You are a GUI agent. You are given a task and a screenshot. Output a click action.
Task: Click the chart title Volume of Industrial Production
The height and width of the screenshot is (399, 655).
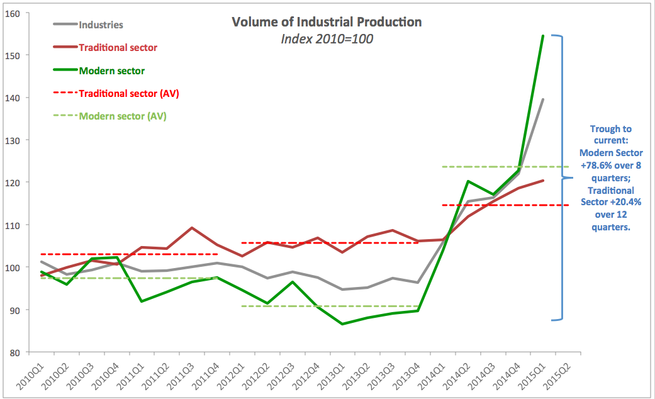click(327, 22)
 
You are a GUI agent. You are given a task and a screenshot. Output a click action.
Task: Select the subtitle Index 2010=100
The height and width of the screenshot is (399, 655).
click(327, 39)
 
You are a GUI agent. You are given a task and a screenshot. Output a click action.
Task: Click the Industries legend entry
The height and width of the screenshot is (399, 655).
click(101, 25)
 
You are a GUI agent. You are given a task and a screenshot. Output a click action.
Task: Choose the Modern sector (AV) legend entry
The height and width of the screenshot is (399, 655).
click(123, 116)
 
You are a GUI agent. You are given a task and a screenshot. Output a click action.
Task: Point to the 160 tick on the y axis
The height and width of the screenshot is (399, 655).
click(13, 14)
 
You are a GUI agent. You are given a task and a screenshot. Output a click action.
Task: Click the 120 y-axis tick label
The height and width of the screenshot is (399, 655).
click(13, 183)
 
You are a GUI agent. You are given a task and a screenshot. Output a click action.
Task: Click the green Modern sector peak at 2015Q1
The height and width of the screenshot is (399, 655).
click(543, 36)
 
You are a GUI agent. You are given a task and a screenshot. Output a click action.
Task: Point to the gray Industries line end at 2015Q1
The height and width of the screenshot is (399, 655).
click(543, 99)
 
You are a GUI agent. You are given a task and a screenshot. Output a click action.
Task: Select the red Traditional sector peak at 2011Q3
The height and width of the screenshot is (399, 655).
click(192, 228)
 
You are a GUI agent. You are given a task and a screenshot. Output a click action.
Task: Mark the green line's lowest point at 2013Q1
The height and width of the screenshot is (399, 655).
click(342, 324)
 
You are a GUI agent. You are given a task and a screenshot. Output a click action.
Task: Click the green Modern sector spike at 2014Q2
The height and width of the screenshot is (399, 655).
click(467, 181)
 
